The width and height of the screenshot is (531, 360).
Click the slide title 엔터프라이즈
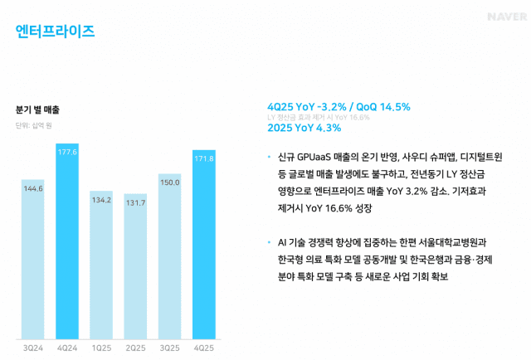[x=56, y=32]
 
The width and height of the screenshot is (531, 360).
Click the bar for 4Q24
[x=67, y=241]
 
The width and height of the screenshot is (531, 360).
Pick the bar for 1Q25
[x=101, y=265]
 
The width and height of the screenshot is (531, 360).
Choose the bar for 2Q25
[x=135, y=266]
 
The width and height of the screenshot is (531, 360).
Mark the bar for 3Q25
[x=169, y=256]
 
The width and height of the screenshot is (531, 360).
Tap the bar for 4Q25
[x=203, y=244]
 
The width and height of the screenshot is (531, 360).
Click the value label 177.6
[x=67, y=153]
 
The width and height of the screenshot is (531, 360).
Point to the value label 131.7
[x=135, y=203]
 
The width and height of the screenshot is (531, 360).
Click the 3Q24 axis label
[x=33, y=347]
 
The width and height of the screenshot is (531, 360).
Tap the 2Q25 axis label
[x=135, y=347]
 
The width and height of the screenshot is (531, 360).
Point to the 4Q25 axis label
[x=203, y=347]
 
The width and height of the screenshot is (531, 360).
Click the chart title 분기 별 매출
[x=37, y=109]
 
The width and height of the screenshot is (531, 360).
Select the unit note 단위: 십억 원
[x=34, y=125]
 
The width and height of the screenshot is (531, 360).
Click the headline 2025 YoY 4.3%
[x=304, y=128]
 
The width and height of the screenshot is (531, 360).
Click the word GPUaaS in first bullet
[x=313, y=156]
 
